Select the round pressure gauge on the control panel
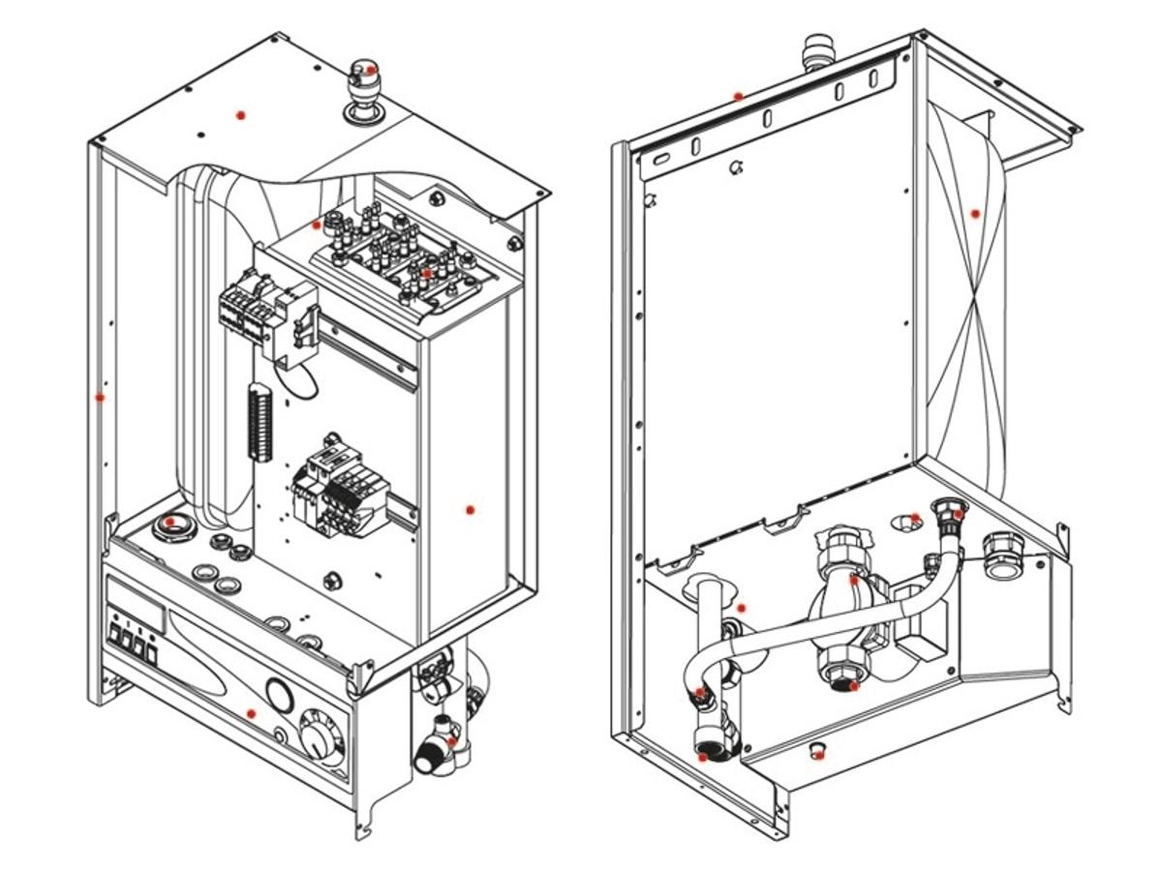pyautogui.click(x=279, y=695)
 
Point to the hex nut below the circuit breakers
pyautogui.click(x=330, y=579)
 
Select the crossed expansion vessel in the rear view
pyautogui.click(x=973, y=300)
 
